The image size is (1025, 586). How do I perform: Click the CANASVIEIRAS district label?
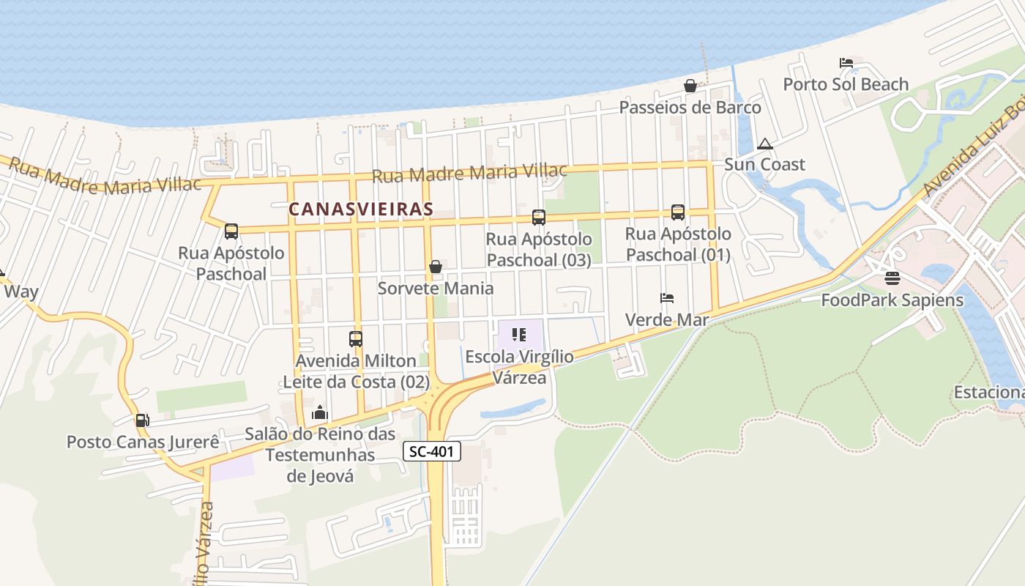361,209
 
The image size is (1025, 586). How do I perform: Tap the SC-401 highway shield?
432,452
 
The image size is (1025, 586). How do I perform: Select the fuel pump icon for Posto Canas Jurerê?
142,420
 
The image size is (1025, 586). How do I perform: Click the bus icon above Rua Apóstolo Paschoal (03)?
539,217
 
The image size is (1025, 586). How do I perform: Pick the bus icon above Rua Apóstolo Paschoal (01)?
678,212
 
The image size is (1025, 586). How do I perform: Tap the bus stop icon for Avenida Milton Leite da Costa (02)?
356,339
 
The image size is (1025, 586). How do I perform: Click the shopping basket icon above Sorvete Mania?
436,267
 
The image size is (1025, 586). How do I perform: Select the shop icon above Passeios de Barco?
690,86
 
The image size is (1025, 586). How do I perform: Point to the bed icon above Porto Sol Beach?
846,63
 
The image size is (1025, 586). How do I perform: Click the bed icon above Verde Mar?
667,298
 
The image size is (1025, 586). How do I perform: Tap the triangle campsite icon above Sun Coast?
765,144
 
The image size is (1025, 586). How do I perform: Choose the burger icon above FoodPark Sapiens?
892,278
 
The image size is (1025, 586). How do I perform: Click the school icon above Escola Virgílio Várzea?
519,335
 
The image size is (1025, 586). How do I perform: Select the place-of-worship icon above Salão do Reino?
320,413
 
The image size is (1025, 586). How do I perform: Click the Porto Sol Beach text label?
846,84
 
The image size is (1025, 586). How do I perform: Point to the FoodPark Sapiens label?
892,300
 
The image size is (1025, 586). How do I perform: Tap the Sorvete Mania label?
436,288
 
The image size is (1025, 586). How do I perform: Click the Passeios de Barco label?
690,108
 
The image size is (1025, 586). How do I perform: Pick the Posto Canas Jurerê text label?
143,442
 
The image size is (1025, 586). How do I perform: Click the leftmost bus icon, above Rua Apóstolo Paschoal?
231,231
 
